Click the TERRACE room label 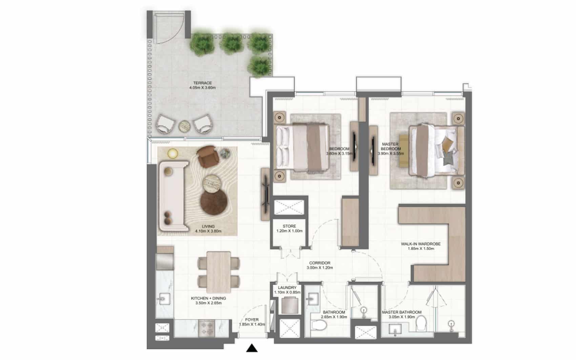point(203,83)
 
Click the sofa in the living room point(174,196)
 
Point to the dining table point(219,272)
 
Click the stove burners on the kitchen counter point(206,328)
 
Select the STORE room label point(289,226)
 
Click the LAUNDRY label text point(287,288)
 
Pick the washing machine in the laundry point(290,305)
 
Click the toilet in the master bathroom point(421,323)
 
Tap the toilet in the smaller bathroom point(319,325)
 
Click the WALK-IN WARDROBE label point(421,244)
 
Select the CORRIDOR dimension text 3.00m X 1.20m point(320,268)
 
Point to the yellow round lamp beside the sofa point(172,154)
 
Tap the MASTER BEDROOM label point(391,146)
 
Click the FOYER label point(252,320)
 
